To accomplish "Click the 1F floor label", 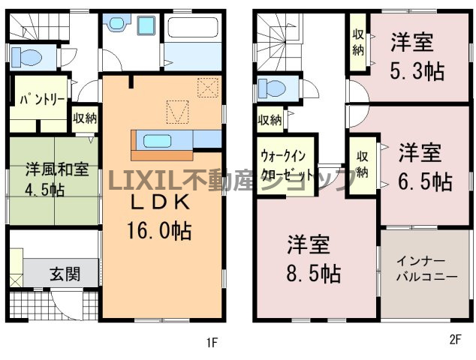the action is click(x=212, y=343).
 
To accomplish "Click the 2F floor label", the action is click(x=455, y=340).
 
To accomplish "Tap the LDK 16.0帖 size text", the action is click(x=159, y=231).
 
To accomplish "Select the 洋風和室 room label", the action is click(x=57, y=169).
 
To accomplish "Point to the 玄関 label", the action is click(x=65, y=274).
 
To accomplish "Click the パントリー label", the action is click(x=42, y=100).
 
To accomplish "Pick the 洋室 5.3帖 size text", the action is click(x=417, y=71).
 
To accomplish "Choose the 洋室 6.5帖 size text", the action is click(x=425, y=182).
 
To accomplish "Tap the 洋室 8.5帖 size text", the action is click(x=314, y=274).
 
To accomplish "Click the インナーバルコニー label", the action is click(x=426, y=268).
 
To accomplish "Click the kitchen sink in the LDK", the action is click(x=158, y=141).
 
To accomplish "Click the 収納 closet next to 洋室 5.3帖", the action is click(x=358, y=43).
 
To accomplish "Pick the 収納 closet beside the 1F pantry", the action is click(x=85, y=118).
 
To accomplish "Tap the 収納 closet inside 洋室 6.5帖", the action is click(x=363, y=165).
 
